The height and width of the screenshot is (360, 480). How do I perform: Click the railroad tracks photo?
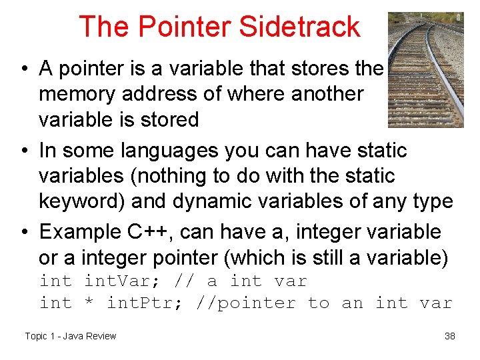pyautogui.click(x=425, y=69)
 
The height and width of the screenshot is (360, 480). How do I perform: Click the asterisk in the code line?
pyautogui.click(x=89, y=304)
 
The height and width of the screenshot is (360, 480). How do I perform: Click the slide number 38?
pyautogui.click(x=450, y=336)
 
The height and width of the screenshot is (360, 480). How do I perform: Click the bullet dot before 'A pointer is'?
pyautogui.click(x=23, y=69)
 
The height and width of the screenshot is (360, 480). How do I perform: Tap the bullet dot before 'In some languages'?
pyautogui.click(x=23, y=151)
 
